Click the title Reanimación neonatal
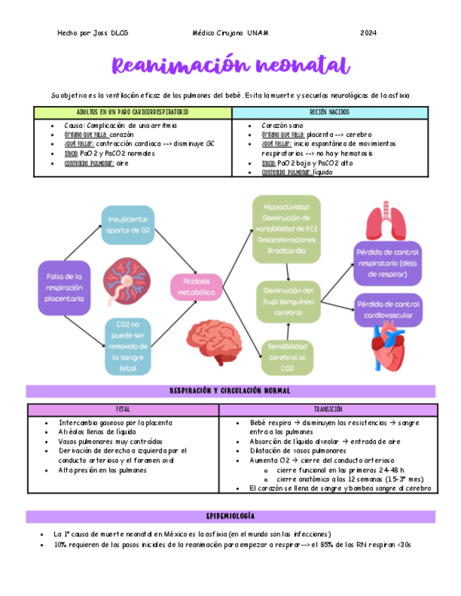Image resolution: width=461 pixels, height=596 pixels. tap(231, 67)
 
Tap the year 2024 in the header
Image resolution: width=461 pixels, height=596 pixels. tap(368, 33)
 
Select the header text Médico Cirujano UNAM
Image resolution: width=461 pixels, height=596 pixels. tap(230, 33)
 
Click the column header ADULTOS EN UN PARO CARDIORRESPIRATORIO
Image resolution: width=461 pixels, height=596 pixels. tap(132, 112)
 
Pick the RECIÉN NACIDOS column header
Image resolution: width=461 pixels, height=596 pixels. tap(329, 112)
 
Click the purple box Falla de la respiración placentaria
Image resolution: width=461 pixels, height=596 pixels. tap(65, 287)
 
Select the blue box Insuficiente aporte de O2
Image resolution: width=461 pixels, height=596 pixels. tap(127, 224)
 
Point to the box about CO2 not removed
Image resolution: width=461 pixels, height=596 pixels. tap(127, 346)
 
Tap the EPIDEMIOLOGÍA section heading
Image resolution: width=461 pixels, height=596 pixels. tap(231, 516)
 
